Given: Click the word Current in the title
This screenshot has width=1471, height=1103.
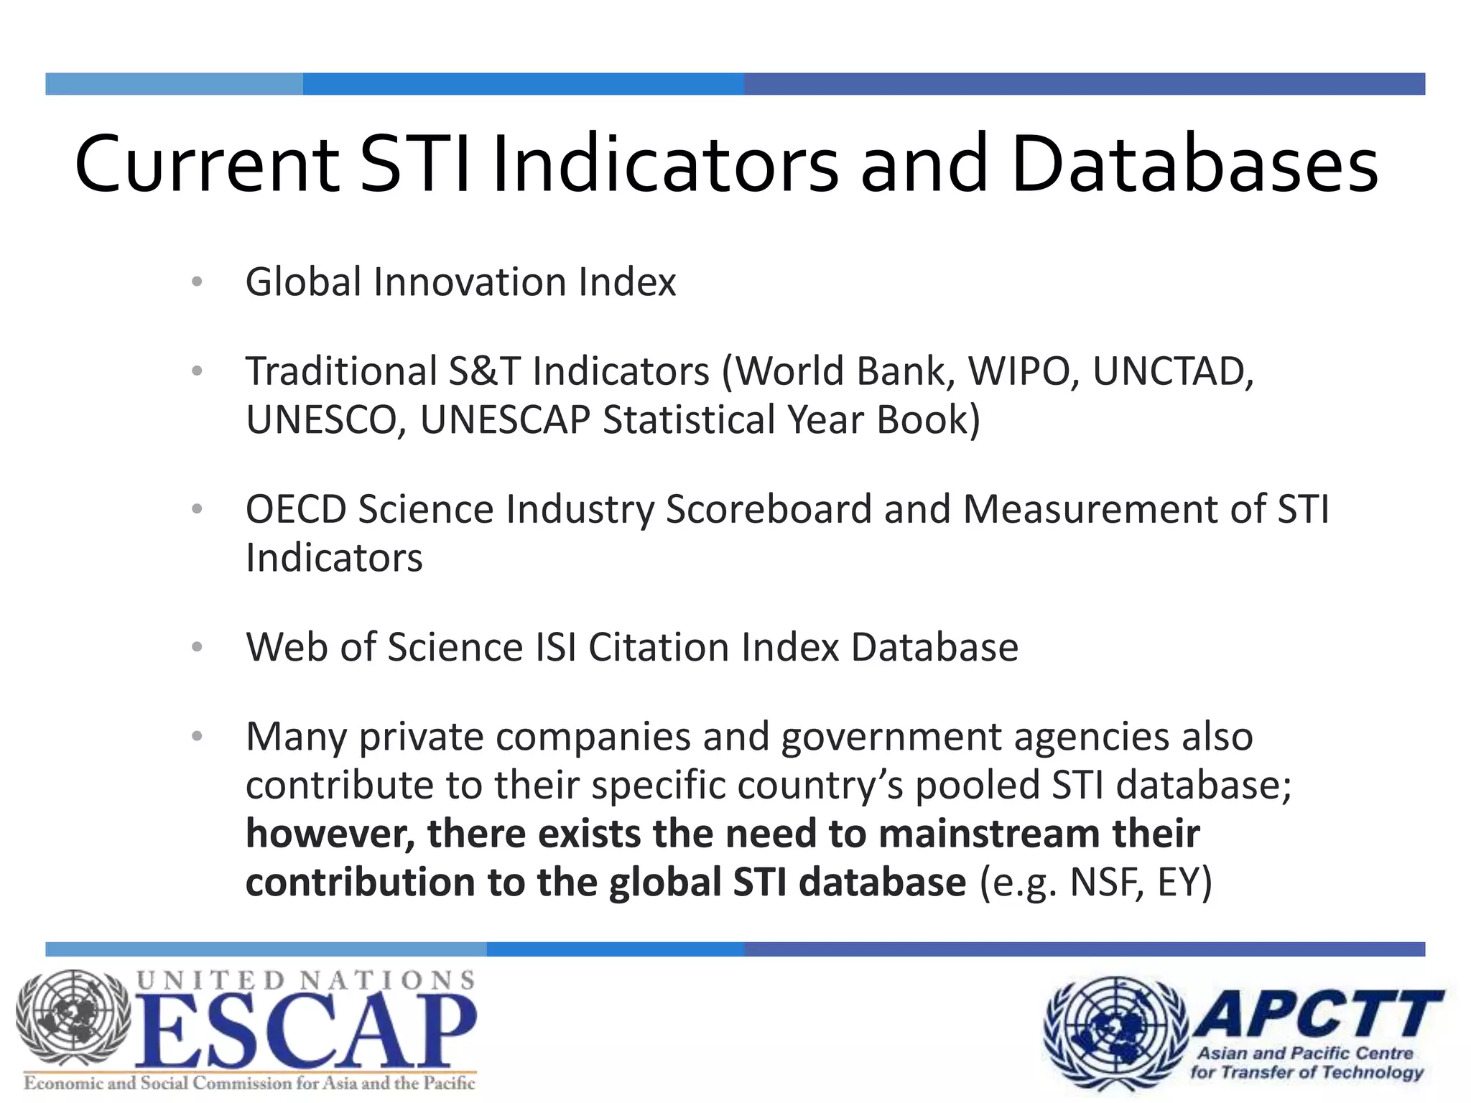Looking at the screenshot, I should pos(207,164).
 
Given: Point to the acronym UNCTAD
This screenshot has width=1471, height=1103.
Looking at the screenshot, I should pos(1172,371).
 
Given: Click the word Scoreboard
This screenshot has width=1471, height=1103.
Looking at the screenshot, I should pos(769,509).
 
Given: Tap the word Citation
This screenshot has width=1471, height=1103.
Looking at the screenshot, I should pos(659,647).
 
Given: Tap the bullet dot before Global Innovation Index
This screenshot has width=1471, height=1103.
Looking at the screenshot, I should pos(198,281).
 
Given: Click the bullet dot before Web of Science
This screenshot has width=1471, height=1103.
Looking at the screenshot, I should pos(198,647).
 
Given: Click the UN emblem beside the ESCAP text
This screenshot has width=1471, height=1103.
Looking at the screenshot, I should pos(74,1020).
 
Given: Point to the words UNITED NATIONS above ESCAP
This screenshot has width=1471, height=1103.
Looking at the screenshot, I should pos(305,980).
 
